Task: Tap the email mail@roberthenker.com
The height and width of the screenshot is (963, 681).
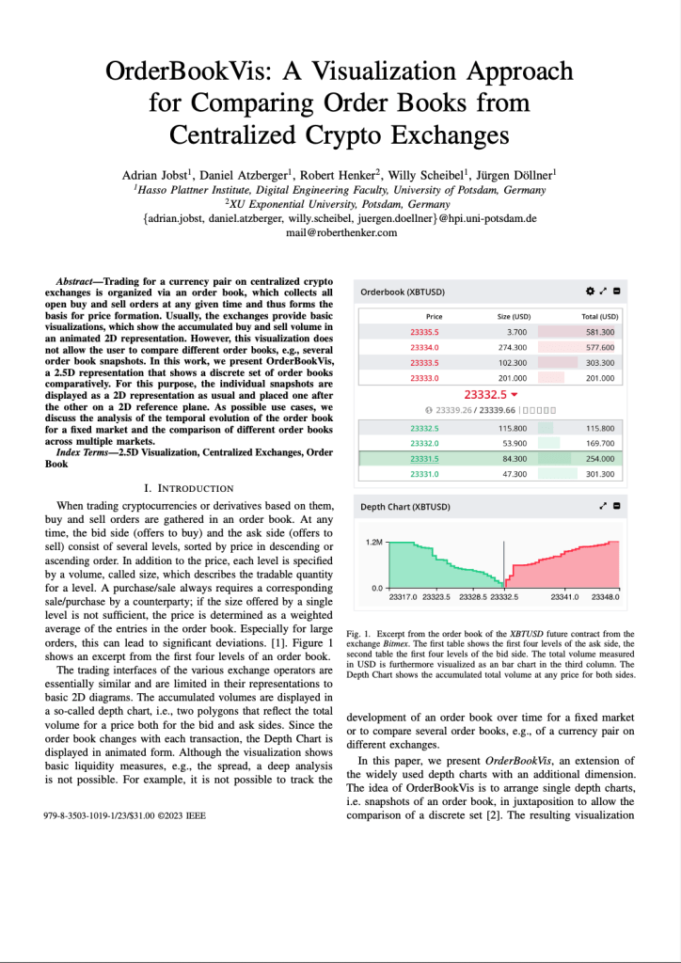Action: coord(340,232)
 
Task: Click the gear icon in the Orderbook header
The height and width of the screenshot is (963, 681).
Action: coord(590,292)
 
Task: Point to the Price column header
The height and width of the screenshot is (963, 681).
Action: coord(434,317)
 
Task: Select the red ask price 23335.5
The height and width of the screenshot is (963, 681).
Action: coord(425,332)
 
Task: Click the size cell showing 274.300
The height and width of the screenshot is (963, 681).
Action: coord(514,347)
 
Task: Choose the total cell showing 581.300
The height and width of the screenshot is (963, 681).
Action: coord(599,332)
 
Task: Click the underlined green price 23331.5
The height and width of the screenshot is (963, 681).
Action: coord(425,459)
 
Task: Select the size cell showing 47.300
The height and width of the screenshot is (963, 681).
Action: coord(515,474)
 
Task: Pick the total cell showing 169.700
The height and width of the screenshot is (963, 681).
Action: coord(599,443)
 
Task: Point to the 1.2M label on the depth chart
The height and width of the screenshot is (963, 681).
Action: coord(373,543)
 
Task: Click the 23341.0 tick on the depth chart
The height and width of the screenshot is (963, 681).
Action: coord(564,596)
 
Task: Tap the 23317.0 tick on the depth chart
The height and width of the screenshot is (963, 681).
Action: coord(404,596)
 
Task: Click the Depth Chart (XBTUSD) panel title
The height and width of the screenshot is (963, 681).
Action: coord(405,506)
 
